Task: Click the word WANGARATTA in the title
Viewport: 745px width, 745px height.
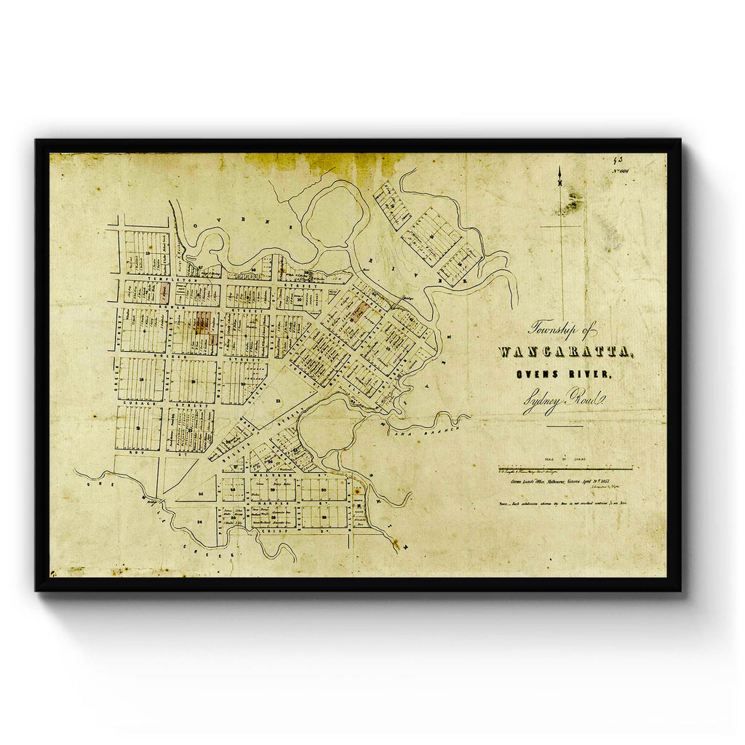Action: coord(565,352)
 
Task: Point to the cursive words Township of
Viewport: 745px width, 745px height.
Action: coord(562,328)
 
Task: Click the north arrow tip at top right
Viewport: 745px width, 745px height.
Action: coord(559,170)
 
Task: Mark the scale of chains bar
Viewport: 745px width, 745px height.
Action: coord(565,468)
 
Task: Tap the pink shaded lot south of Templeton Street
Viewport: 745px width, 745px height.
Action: coord(165,292)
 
